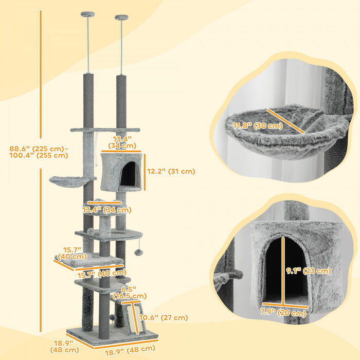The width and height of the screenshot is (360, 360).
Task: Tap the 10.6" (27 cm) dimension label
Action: coord(167,318)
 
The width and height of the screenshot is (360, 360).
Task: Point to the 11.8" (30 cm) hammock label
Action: coord(257,125)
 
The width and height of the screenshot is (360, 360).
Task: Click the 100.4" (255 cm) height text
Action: coord(39,155)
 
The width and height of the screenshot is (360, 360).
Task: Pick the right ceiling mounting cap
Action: coord(122,19)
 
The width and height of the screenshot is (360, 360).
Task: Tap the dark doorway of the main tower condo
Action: coord(128,173)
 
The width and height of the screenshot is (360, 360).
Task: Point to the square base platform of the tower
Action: coord(111,336)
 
